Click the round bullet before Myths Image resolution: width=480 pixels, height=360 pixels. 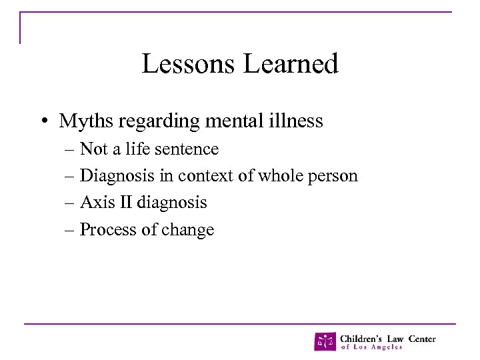click(42, 122)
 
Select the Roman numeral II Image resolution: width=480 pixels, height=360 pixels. click(123, 203)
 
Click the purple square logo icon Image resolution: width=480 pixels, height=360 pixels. click(325, 341)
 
